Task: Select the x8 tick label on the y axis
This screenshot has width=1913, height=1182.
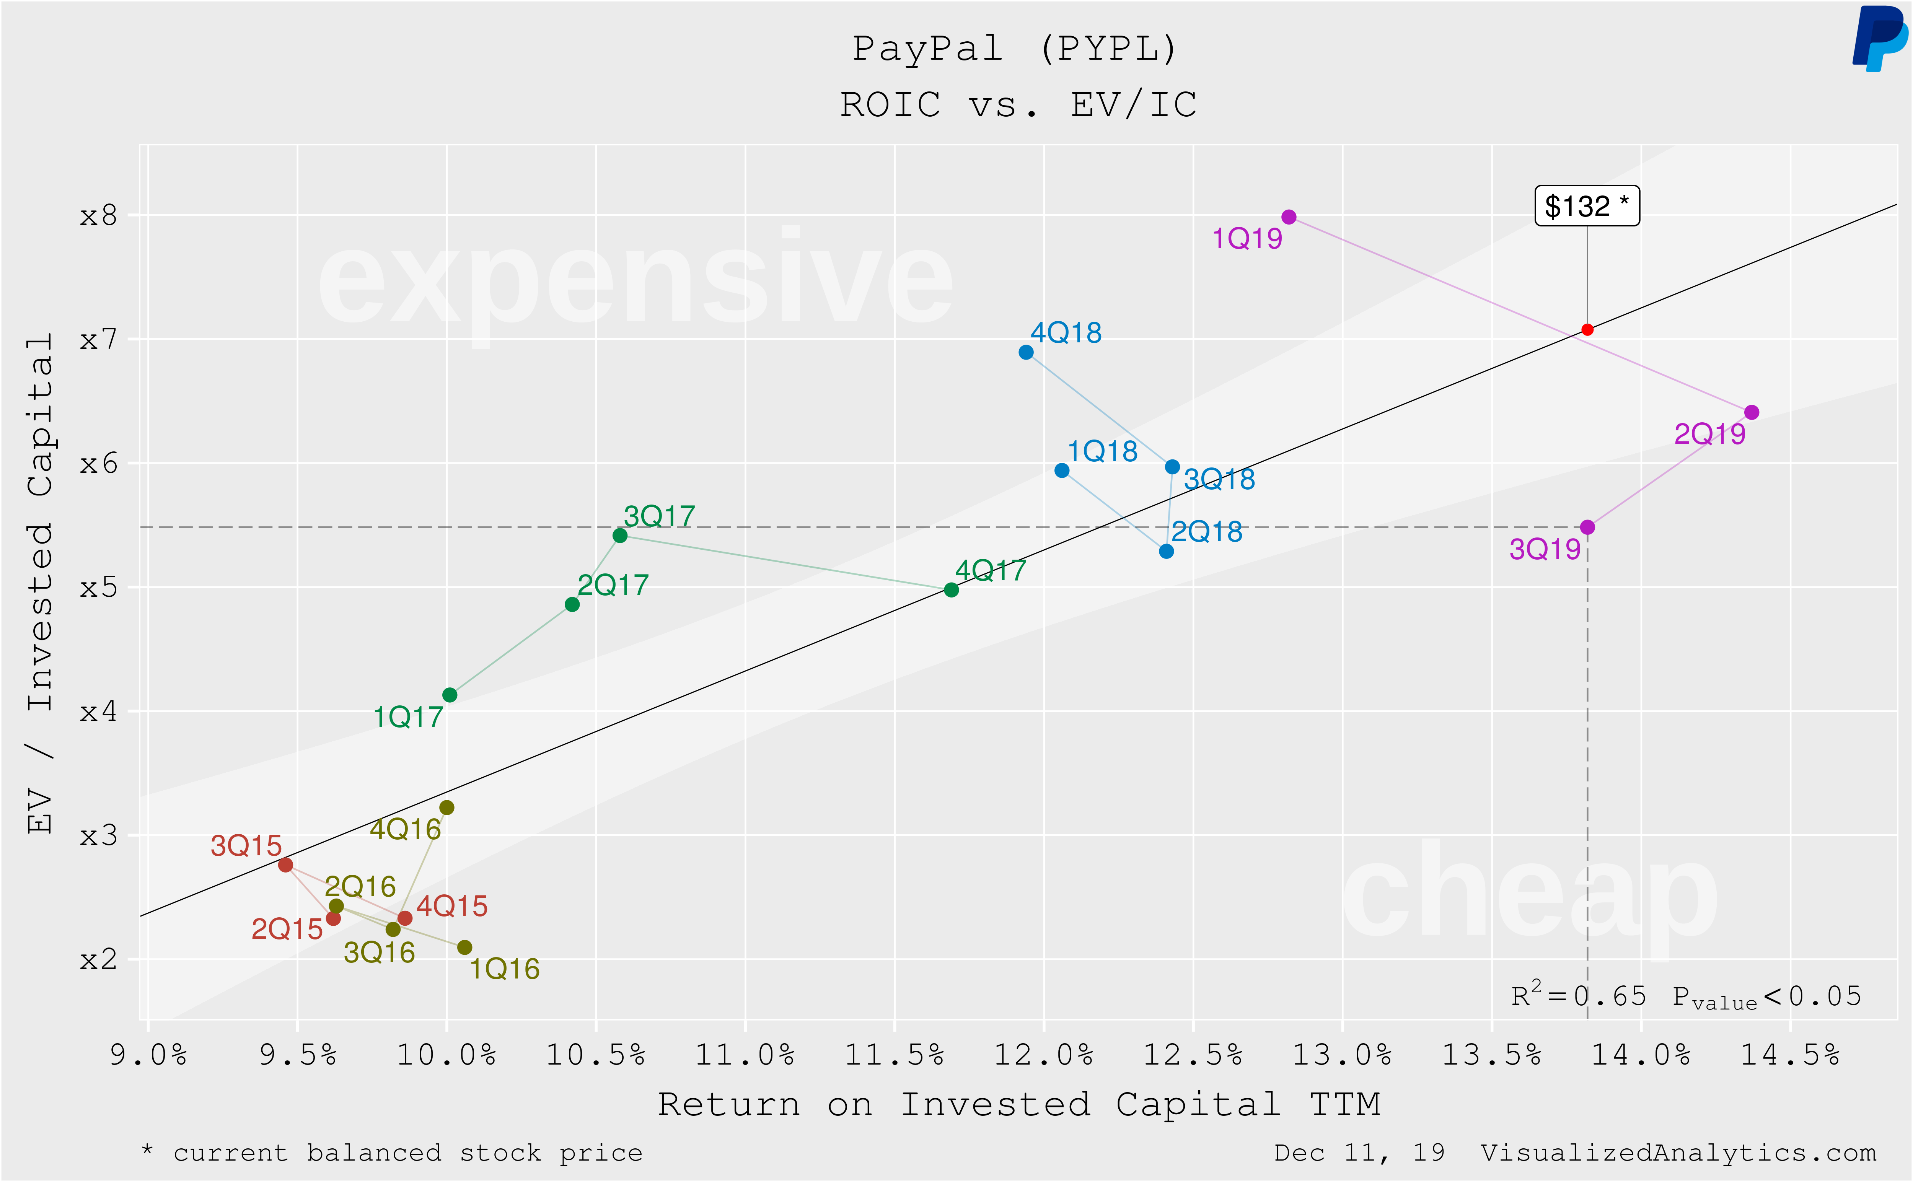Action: coord(98,216)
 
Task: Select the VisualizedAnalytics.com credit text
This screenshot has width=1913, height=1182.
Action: coord(1678,1152)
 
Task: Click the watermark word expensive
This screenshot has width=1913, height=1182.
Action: coord(635,282)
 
